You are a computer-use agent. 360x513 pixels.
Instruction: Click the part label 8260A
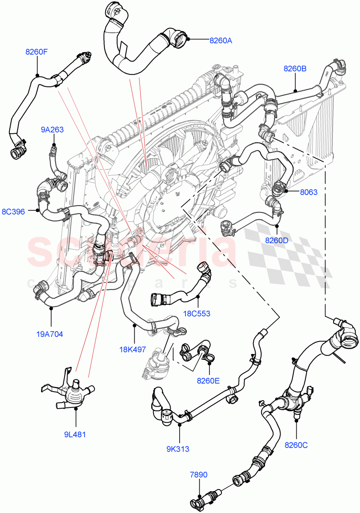click(221, 41)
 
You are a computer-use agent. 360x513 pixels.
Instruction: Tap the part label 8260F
click(36, 52)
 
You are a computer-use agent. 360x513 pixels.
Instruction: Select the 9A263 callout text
click(52, 130)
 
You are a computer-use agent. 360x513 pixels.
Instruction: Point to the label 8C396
click(13, 211)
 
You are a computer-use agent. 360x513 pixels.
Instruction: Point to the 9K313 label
click(178, 449)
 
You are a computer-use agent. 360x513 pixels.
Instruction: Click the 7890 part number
click(198, 475)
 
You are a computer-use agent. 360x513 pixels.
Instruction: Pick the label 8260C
click(296, 445)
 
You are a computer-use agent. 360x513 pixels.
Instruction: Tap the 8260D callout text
click(277, 240)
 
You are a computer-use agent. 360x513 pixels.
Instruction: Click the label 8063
click(308, 192)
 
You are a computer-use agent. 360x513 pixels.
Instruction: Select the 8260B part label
click(295, 68)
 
